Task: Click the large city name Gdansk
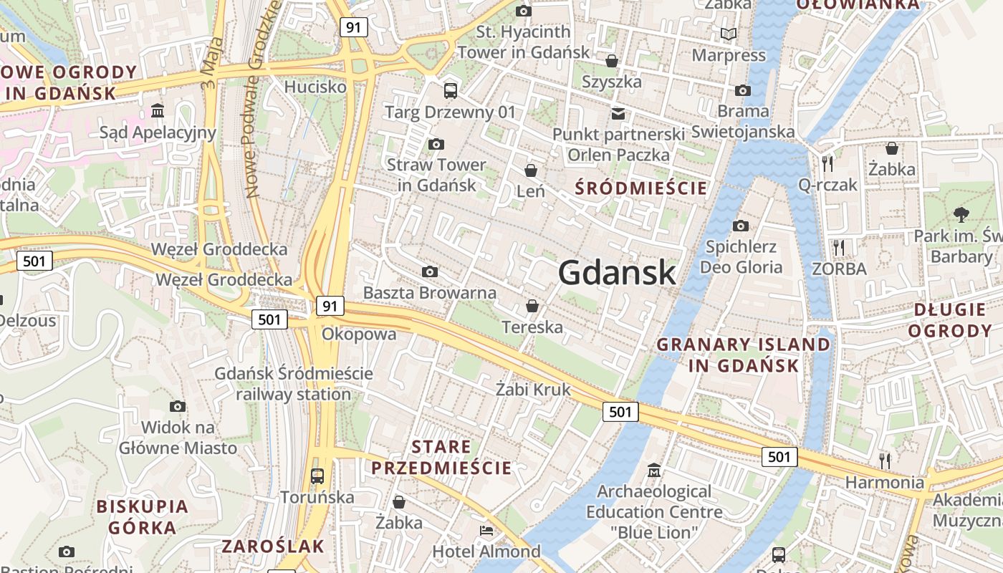coord(616,272)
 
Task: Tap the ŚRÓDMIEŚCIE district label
coord(642,188)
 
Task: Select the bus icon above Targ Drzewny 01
coord(450,90)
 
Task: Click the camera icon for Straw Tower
coord(436,145)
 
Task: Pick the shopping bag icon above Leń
coord(531,170)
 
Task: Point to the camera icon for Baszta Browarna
coord(430,271)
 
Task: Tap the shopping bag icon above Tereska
coord(532,306)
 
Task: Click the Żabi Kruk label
coord(533,389)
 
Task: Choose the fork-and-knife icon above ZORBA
coord(839,248)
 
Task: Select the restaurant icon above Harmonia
coord(886,460)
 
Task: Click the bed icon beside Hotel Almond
coord(486,531)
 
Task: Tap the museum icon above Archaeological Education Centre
coord(654,471)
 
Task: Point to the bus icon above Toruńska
coord(317,476)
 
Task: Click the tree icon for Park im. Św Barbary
coord(961,213)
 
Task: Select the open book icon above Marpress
coord(729,34)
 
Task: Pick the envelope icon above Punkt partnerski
coord(618,113)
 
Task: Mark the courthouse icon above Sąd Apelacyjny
coord(158,111)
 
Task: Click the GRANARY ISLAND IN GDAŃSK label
coord(744,355)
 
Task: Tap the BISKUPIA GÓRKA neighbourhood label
coord(142,517)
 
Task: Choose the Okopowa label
coord(359,334)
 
